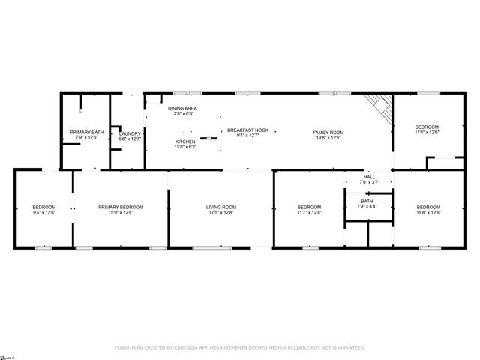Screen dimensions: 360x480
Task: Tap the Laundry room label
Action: pos(130,133)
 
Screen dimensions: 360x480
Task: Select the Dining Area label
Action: pos(182,109)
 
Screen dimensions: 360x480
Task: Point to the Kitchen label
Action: pos(185,142)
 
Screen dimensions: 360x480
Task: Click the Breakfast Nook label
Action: pos(247,130)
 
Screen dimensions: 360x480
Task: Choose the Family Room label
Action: pos(328,133)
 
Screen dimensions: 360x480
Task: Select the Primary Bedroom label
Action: pos(121,207)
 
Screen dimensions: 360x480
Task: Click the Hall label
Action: pos(369,177)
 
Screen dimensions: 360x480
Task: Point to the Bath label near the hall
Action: pos(367,201)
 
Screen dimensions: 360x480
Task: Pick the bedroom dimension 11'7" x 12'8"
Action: pos(309,213)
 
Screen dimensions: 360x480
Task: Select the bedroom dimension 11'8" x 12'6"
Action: pos(427,133)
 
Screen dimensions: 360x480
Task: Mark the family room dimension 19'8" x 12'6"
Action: pos(328,138)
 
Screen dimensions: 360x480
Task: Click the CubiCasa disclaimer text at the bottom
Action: pos(239,347)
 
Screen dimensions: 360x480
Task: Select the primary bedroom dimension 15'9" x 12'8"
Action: pos(121,213)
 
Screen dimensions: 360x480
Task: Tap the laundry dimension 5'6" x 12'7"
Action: pos(130,139)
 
